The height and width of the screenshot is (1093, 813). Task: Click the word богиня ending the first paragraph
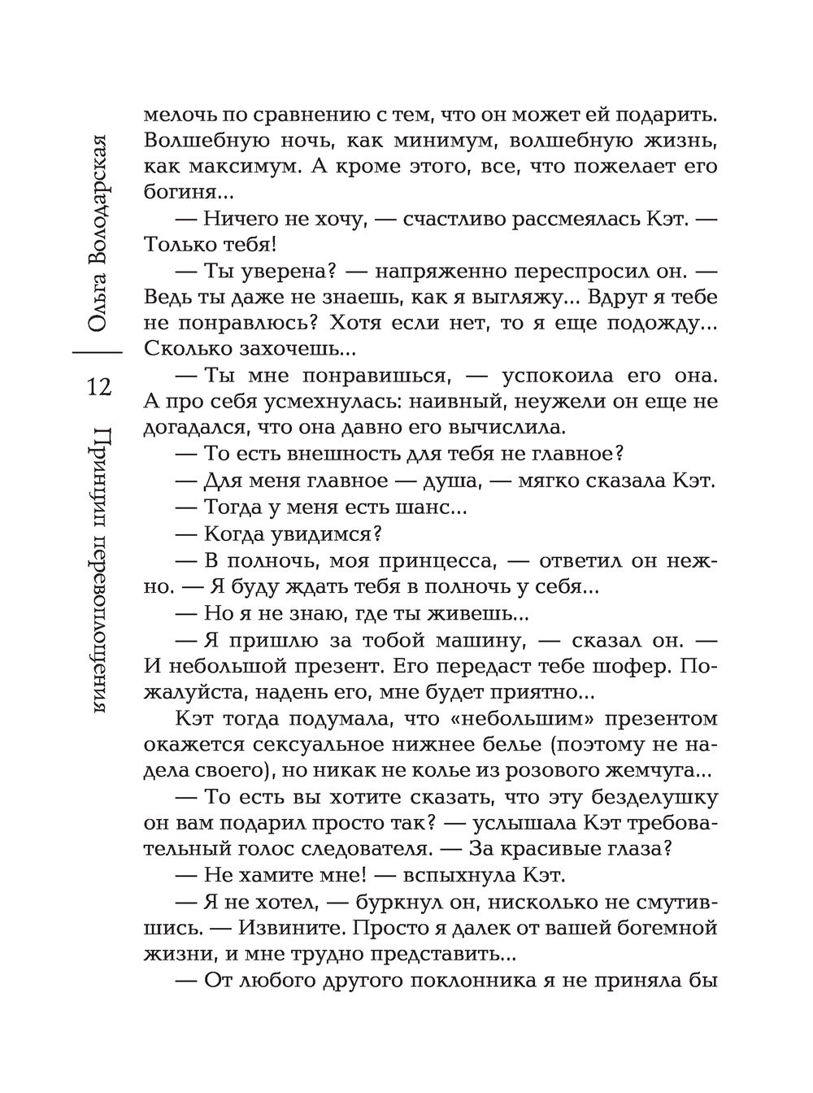pos(175,194)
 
